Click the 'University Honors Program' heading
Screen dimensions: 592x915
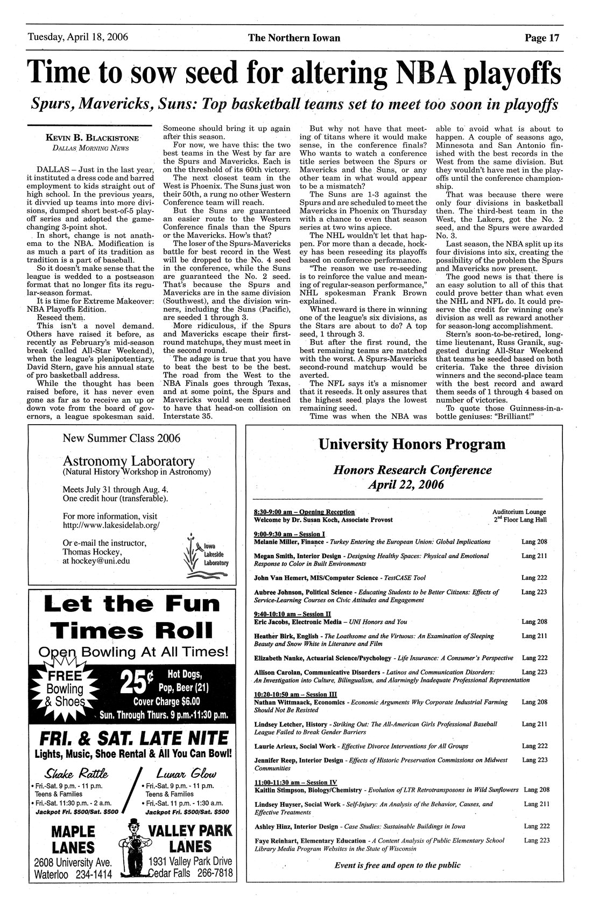pos(412,444)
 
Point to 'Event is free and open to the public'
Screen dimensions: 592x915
pos(397,865)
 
